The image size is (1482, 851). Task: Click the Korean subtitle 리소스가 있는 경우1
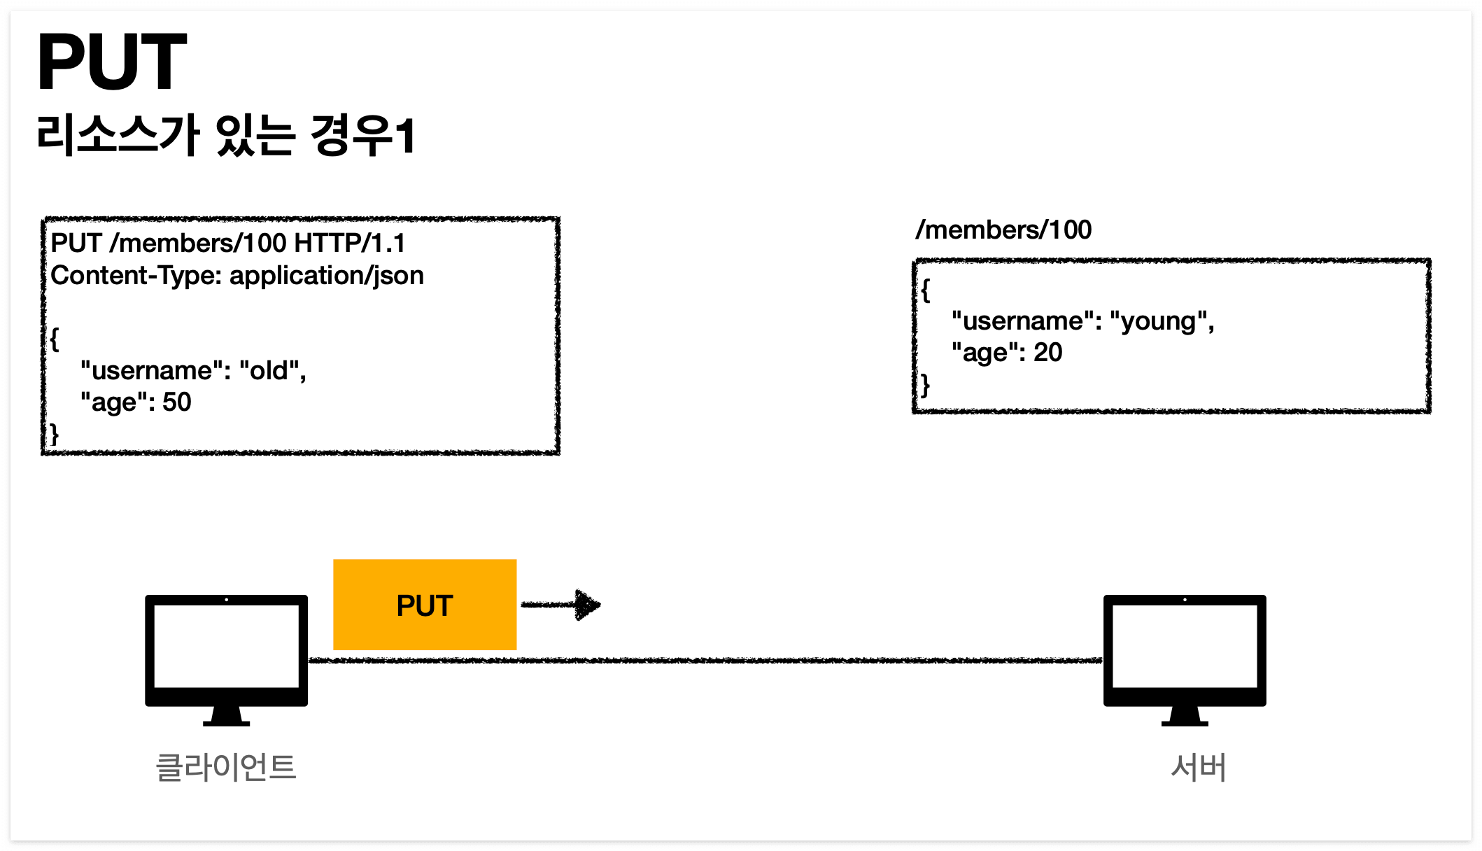point(226,135)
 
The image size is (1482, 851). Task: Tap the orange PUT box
point(425,605)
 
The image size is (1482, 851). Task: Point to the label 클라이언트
point(226,767)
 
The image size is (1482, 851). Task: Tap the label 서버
point(1198,767)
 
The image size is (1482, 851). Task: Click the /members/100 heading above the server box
point(1003,230)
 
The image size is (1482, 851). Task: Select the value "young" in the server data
point(1161,321)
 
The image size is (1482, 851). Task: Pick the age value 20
point(1047,353)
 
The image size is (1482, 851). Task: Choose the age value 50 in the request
point(176,402)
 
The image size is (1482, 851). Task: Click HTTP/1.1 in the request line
point(350,244)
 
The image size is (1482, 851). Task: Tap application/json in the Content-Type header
point(327,276)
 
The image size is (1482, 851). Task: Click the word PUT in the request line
point(76,244)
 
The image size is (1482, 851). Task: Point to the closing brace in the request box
point(54,435)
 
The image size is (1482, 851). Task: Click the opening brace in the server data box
point(926,290)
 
